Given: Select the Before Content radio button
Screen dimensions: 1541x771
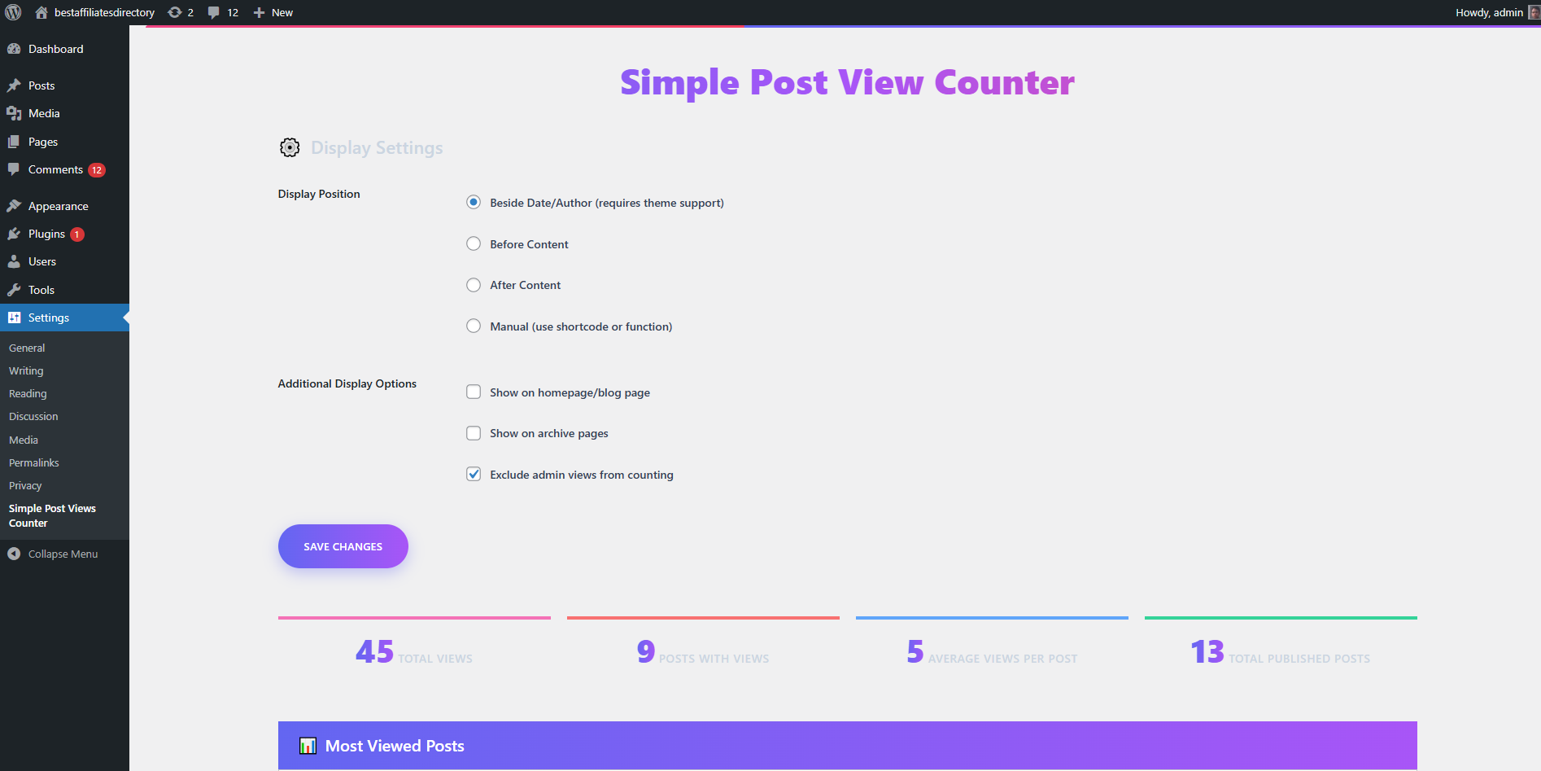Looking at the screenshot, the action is [x=474, y=243].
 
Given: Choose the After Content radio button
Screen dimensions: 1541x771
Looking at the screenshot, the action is [x=474, y=285].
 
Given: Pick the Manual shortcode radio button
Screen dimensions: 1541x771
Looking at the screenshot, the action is [x=474, y=326].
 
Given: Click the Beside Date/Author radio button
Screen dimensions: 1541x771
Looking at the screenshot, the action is [x=474, y=202].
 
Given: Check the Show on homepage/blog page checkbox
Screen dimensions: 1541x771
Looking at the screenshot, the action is [x=474, y=392].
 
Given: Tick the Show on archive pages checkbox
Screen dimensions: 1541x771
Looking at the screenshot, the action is [x=474, y=433].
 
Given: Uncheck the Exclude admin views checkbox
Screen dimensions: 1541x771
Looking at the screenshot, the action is [x=474, y=474].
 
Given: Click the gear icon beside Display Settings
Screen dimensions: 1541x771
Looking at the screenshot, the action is [x=290, y=147].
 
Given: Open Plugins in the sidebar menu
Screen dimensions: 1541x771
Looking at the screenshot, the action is [x=46, y=234].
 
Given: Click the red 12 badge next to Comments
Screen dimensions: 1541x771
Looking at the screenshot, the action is [x=97, y=170].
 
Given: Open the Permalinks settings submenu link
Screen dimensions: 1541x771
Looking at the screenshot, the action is [x=34, y=462].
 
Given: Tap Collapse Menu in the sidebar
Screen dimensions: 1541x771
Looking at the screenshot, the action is [x=63, y=554].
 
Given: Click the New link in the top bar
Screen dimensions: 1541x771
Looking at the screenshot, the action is [x=273, y=12].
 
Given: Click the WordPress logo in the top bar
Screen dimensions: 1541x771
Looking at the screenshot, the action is [x=13, y=12].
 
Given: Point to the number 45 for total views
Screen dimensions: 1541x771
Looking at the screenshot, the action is [x=374, y=651].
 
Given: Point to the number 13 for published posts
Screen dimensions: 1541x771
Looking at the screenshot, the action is [x=1207, y=651].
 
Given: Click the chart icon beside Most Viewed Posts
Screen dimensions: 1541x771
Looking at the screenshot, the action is [x=308, y=746].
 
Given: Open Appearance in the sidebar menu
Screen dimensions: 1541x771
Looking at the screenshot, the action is [x=58, y=206].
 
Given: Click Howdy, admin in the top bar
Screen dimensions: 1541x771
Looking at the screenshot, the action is [x=1489, y=12].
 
